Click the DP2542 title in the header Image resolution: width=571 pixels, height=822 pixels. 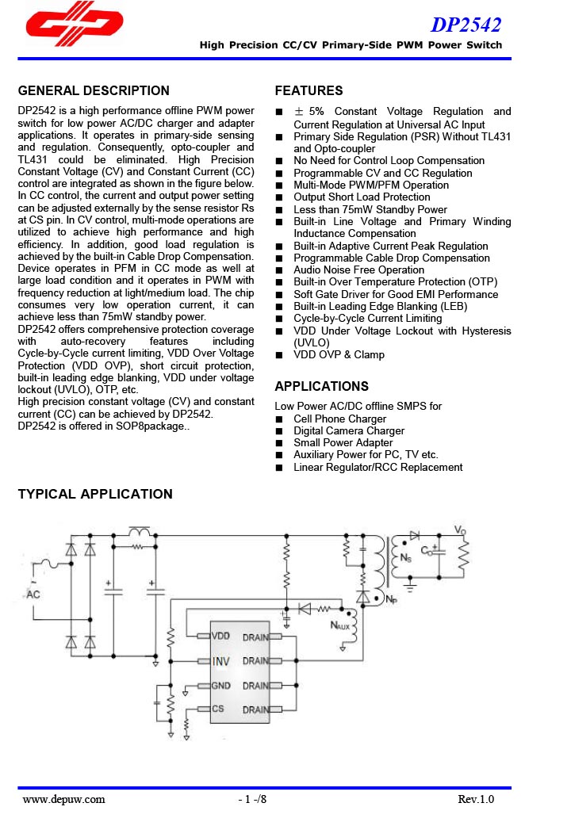click(x=466, y=26)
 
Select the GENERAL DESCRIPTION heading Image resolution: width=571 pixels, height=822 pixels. click(x=94, y=90)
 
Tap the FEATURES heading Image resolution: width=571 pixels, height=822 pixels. click(x=308, y=90)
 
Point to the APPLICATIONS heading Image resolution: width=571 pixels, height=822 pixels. click(x=321, y=386)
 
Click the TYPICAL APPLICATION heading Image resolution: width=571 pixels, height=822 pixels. click(x=95, y=494)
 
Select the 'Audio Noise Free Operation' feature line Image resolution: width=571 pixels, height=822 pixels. click(x=358, y=270)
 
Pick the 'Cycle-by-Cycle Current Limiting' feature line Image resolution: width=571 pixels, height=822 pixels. click(x=367, y=318)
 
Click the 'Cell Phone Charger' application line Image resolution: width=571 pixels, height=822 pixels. click(x=339, y=419)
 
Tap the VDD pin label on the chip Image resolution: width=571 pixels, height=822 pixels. click(x=221, y=636)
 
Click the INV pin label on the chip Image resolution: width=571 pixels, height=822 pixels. click(x=220, y=660)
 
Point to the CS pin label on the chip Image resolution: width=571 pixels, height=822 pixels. click(x=217, y=709)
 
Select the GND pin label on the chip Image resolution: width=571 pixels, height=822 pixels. click(x=221, y=685)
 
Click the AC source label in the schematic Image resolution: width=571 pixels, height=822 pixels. click(x=34, y=594)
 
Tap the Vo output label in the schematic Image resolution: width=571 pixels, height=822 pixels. click(x=460, y=530)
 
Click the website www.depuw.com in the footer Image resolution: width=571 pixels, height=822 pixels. click(x=64, y=799)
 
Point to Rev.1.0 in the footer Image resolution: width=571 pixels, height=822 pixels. click(x=476, y=799)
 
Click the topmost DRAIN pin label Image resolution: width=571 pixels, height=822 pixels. click(x=255, y=637)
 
